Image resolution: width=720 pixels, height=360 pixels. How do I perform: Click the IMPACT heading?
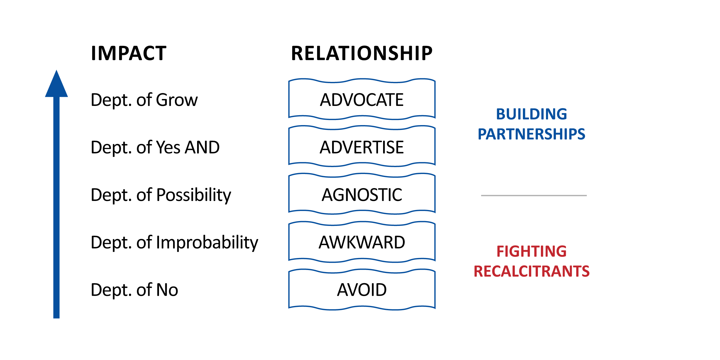pyautogui.click(x=129, y=53)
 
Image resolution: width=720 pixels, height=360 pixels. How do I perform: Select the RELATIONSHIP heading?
pyautogui.click(x=362, y=53)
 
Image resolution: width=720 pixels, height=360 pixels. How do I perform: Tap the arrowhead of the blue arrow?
pyautogui.click(x=56, y=84)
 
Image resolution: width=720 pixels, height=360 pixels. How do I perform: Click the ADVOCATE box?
pyautogui.click(x=362, y=99)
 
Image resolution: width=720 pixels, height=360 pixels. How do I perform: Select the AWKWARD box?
pyautogui.click(x=362, y=242)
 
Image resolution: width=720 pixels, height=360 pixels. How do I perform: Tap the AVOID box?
pyautogui.click(x=362, y=289)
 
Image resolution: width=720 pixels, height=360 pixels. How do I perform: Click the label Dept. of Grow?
pyautogui.click(x=144, y=100)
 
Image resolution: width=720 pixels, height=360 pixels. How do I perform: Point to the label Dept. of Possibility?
pyautogui.click(x=161, y=195)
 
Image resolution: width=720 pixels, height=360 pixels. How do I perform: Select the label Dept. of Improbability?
pyautogui.click(x=175, y=243)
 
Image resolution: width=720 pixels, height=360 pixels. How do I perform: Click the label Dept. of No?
pyautogui.click(x=134, y=290)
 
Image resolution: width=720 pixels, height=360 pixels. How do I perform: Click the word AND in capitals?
pyautogui.click(x=202, y=147)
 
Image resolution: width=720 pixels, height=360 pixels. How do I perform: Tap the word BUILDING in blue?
pyautogui.click(x=532, y=114)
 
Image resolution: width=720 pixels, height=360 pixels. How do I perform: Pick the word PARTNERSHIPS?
pyautogui.click(x=532, y=134)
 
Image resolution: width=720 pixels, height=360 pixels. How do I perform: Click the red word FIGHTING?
pyautogui.click(x=532, y=251)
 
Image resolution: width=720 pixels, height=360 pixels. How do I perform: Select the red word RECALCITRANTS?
pyautogui.click(x=532, y=271)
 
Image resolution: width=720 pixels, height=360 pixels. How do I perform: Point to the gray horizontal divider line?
pyautogui.click(x=534, y=196)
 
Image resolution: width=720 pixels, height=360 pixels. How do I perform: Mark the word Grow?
pyautogui.click(x=177, y=100)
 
